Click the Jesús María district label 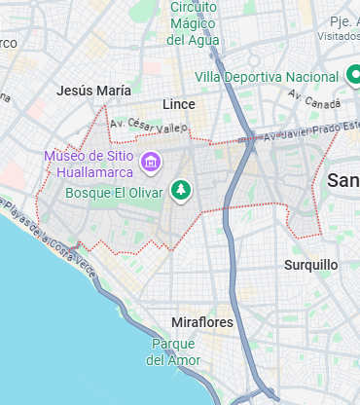tap(93, 90)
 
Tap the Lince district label tap(178, 104)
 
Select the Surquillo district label tap(310, 265)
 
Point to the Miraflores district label tap(201, 322)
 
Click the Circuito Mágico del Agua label tap(193, 22)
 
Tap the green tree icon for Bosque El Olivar tap(180, 191)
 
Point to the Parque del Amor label tap(173, 351)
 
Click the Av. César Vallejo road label tap(147, 127)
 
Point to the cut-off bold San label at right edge tap(343, 180)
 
